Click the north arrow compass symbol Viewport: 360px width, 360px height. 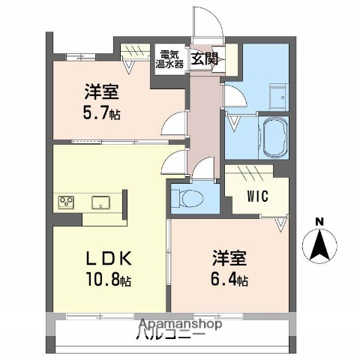coord(319,244)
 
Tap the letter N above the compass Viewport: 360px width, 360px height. coord(319,221)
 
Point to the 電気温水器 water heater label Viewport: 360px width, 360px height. coord(169,59)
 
